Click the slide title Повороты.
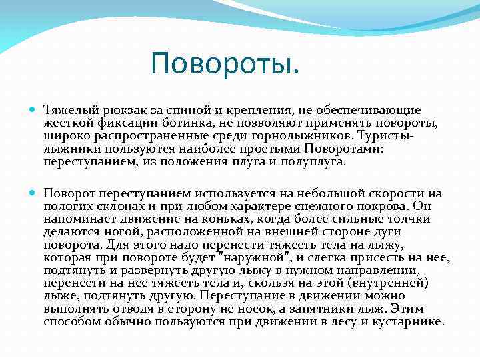225,64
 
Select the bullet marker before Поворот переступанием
34,193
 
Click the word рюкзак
116,109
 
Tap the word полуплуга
317,161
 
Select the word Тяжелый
66,109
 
